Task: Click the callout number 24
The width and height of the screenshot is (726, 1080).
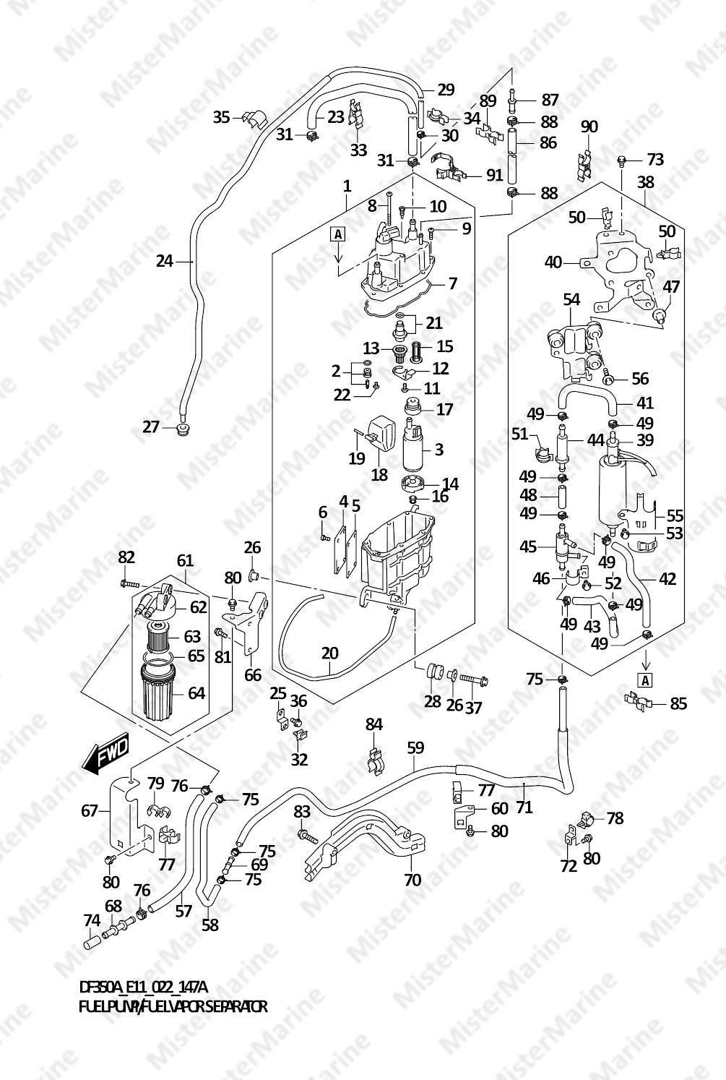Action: coord(165,261)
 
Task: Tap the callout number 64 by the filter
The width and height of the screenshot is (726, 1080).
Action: coord(196,693)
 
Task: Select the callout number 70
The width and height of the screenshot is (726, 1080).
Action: coord(412,880)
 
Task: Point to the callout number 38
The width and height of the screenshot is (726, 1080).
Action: coord(646,182)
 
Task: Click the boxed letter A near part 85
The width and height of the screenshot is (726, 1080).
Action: coord(645,680)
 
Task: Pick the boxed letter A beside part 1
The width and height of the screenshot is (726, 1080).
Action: coord(337,233)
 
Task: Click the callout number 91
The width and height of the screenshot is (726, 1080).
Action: coord(494,175)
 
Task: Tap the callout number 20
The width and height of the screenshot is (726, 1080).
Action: coord(329,653)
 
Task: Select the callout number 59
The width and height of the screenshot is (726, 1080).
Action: coord(415,747)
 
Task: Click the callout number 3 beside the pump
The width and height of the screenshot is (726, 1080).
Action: coord(438,449)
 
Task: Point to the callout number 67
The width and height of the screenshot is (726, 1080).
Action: coord(89,811)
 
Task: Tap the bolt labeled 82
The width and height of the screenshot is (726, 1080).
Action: coord(127,583)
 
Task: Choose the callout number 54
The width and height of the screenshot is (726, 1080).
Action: coord(571,299)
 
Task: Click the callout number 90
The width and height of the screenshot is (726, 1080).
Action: coord(589,127)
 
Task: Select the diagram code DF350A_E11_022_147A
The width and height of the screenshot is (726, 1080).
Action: coord(143,987)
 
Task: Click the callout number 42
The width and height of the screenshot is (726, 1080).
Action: coord(667,579)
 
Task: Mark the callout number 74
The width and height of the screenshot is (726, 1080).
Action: coord(91,921)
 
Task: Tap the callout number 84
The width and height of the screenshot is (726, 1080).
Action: coord(373,724)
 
